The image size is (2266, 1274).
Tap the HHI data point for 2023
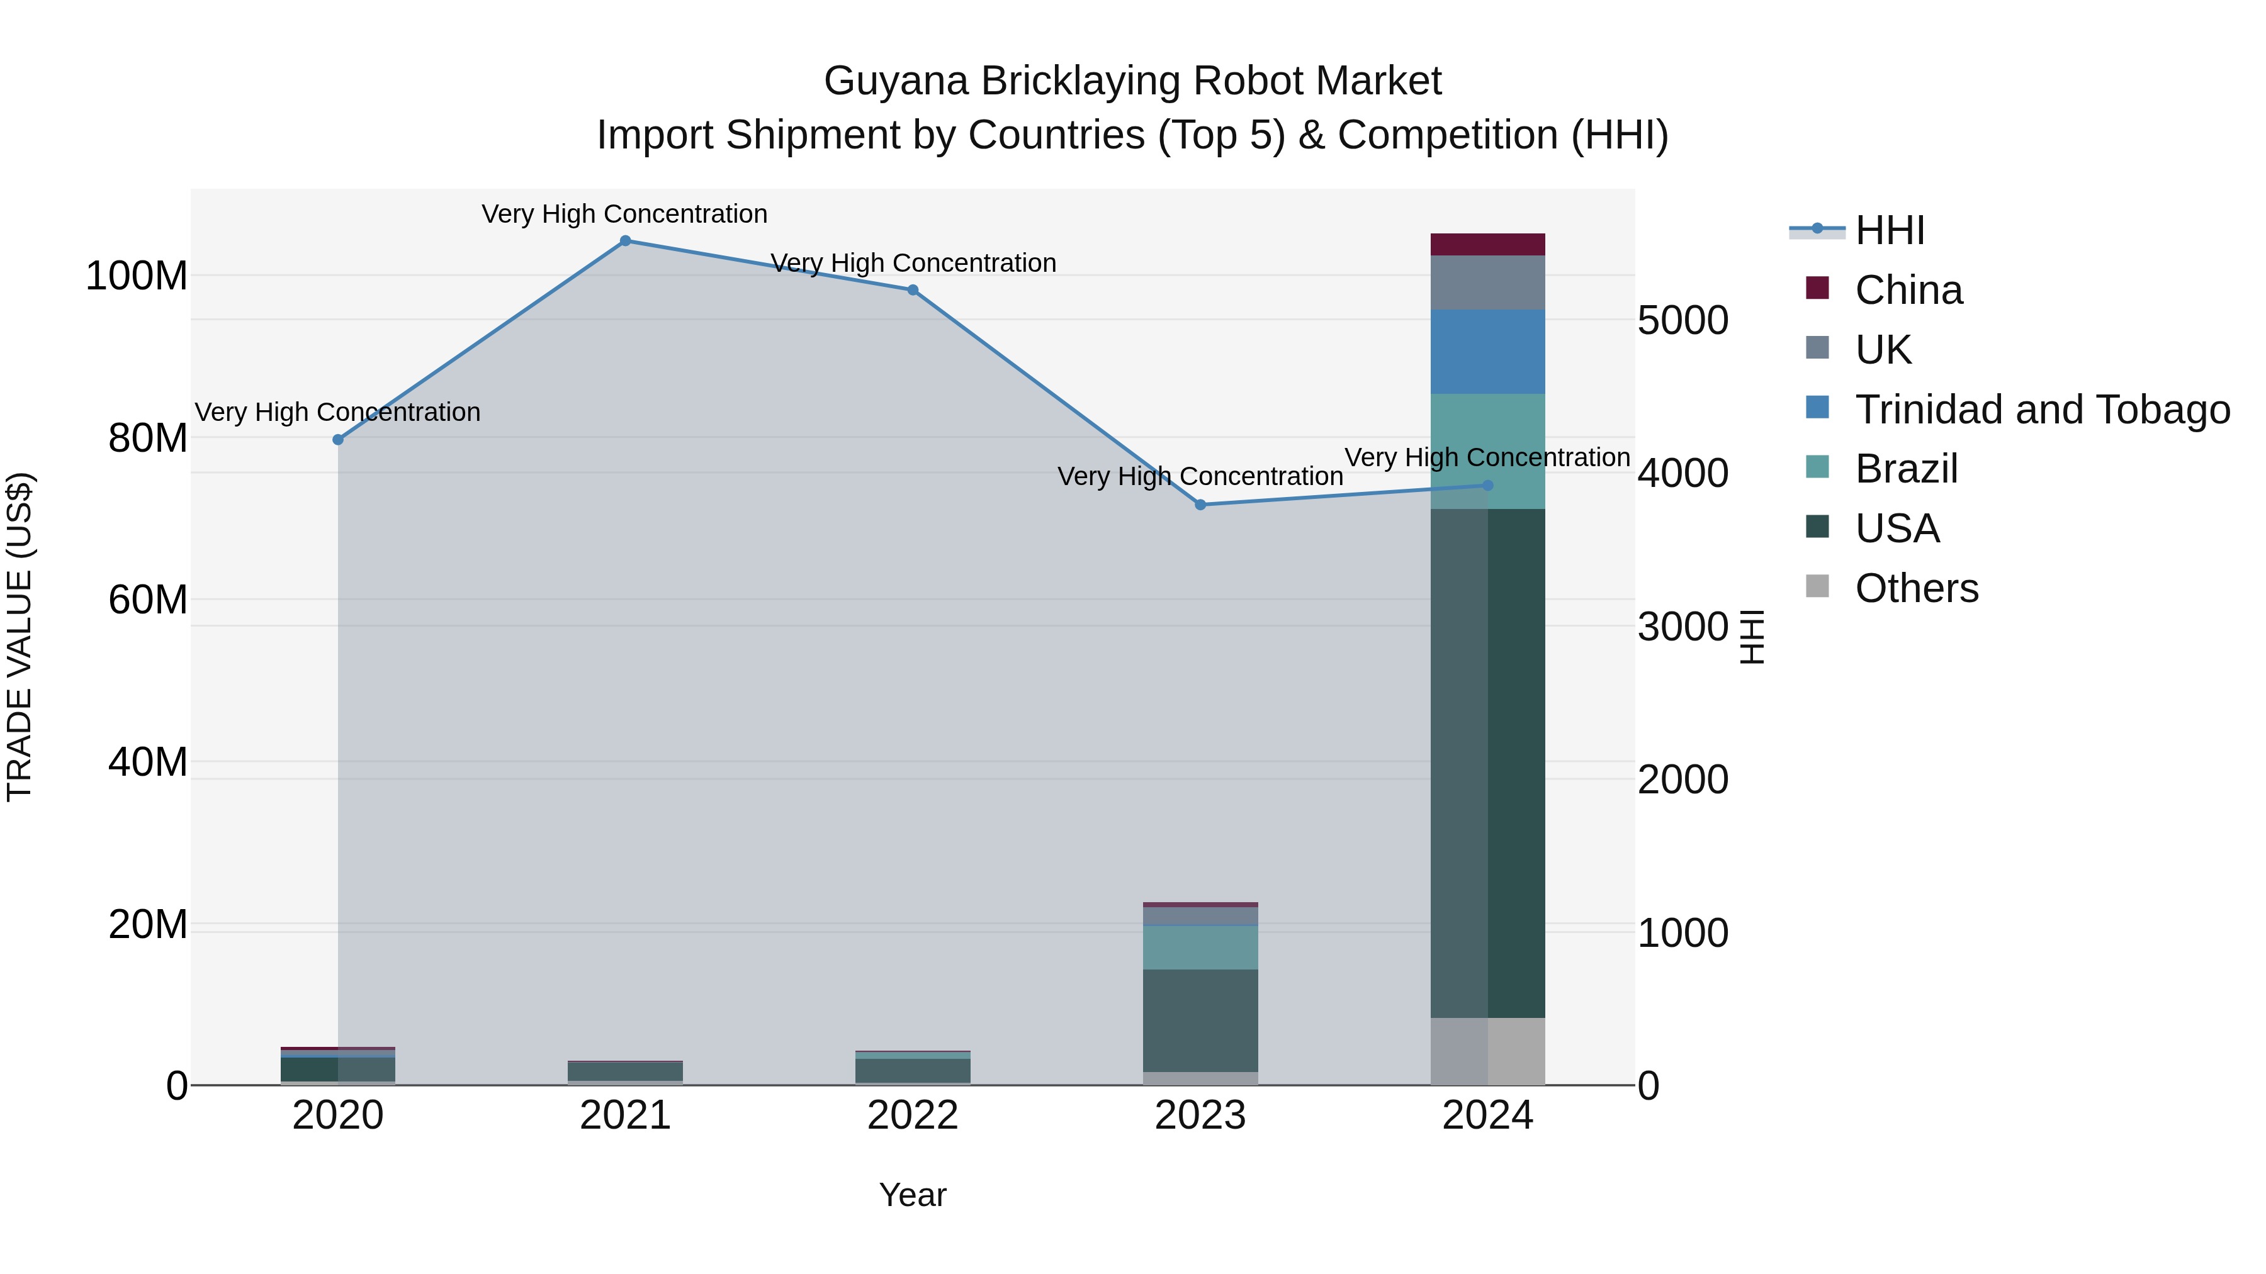(x=1201, y=505)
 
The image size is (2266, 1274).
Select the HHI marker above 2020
(x=338, y=440)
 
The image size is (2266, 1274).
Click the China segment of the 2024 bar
(x=1487, y=245)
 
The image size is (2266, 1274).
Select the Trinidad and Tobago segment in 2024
(x=1487, y=352)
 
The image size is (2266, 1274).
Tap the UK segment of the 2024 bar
(x=1487, y=282)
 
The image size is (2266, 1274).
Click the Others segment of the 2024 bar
(x=1487, y=1051)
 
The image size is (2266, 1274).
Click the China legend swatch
(x=1817, y=288)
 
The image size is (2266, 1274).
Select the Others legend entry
(x=1916, y=588)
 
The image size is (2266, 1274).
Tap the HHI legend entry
(x=1890, y=230)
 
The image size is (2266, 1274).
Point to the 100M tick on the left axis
(x=137, y=276)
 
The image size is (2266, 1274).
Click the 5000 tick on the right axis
(x=1683, y=321)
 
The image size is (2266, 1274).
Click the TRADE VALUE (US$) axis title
(x=20, y=637)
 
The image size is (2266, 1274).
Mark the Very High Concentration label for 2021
(x=624, y=214)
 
